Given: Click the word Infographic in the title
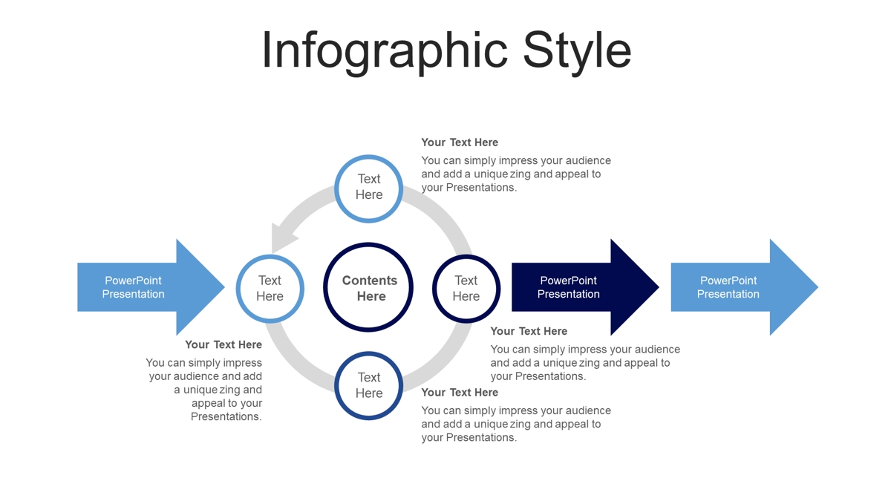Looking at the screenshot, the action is (x=385, y=52).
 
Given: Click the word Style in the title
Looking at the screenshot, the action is (x=577, y=52).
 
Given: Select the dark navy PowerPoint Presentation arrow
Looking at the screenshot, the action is (x=585, y=287).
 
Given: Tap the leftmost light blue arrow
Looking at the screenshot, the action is (x=151, y=287).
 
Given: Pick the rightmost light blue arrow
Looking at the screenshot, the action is (x=745, y=287).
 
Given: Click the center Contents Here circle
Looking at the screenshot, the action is (x=368, y=287).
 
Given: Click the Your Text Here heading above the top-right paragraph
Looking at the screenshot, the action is (x=460, y=143).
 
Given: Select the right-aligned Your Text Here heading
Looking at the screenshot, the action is (x=223, y=344).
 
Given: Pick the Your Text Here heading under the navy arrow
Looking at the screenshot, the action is (x=529, y=331).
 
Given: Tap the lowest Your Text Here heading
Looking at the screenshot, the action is (x=460, y=393).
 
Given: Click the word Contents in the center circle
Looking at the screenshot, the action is (x=370, y=281).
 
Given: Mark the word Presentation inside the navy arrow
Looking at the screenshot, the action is (x=569, y=294).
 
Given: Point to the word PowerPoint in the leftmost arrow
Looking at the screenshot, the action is (x=133, y=281).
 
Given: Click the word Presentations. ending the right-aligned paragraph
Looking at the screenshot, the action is (x=226, y=416).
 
